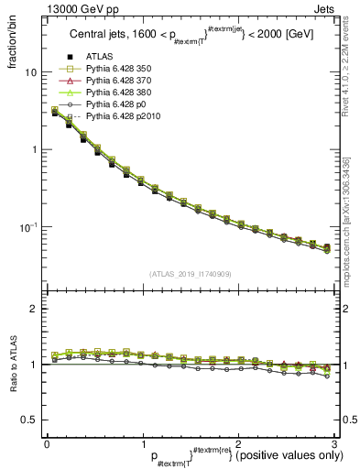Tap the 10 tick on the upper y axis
[28, 72]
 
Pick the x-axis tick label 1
[142, 443]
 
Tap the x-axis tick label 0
[47, 443]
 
